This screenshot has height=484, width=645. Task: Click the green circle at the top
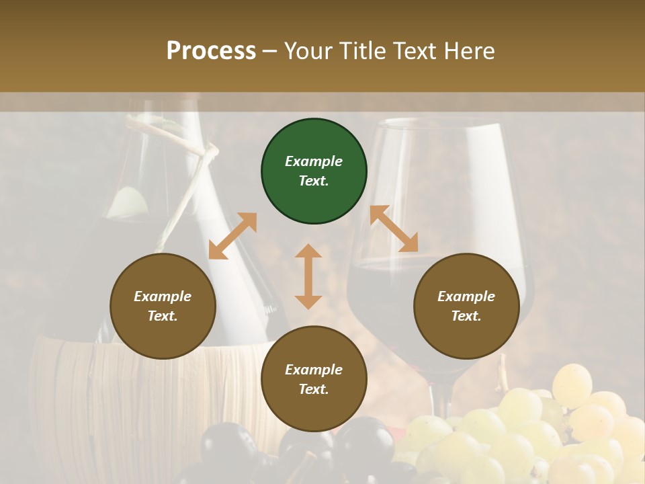point(314,171)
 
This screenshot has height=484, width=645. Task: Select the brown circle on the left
point(163,306)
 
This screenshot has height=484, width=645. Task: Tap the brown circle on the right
point(466,306)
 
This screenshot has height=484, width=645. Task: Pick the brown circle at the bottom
point(314,379)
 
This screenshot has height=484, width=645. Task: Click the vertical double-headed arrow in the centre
point(308,276)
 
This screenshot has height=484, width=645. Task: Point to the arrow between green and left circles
point(233,236)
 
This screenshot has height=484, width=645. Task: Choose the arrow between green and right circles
point(394,229)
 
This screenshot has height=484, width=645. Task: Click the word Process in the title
point(211,50)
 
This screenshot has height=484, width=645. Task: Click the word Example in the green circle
point(314,161)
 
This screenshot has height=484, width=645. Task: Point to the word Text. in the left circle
point(163,316)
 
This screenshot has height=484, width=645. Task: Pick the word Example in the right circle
point(466,296)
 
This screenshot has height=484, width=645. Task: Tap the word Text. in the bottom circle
point(314,389)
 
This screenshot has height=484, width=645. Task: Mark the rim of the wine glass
point(437,122)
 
